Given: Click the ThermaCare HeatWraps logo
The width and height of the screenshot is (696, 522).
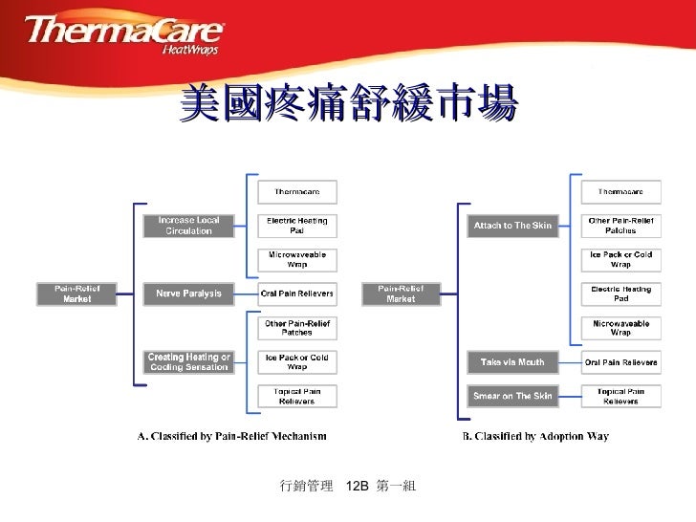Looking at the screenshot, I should pyautogui.click(x=123, y=35).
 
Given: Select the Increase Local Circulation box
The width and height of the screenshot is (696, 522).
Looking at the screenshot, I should pyautogui.click(x=188, y=226).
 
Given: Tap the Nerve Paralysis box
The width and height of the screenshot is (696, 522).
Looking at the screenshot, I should pyautogui.click(x=188, y=294).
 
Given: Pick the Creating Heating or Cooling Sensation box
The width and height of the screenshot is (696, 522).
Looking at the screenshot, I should pyautogui.click(x=188, y=362).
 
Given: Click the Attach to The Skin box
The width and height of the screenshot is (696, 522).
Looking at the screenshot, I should pyautogui.click(x=512, y=226).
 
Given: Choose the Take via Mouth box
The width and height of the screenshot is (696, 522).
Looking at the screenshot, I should pyautogui.click(x=512, y=362).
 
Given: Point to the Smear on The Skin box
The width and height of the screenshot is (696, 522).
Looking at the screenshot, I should pyautogui.click(x=512, y=395).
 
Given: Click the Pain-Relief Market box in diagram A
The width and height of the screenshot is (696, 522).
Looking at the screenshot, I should pyautogui.click(x=76, y=294).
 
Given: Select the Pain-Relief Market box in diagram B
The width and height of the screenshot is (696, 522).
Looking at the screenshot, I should pyautogui.click(x=401, y=294).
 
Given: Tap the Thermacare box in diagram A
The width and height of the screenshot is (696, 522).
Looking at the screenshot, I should pyautogui.click(x=296, y=192).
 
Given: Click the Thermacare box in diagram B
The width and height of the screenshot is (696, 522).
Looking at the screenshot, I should pyautogui.click(x=620, y=192).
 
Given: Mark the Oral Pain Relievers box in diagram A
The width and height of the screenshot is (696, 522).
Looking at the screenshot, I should pyautogui.click(x=296, y=294).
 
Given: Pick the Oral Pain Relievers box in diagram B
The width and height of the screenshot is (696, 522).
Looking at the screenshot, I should pyautogui.click(x=620, y=362).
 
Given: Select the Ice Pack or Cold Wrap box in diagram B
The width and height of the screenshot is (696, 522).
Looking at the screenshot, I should pyautogui.click(x=620, y=260).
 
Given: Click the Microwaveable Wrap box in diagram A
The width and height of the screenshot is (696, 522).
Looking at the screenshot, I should pyautogui.click(x=296, y=260).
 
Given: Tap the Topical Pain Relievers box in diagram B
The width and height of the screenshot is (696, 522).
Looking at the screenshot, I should pyautogui.click(x=620, y=396).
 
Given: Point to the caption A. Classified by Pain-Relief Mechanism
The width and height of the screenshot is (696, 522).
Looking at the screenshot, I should pyautogui.click(x=231, y=437).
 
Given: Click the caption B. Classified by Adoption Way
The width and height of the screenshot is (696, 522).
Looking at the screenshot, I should pyautogui.click(x=535, y=437).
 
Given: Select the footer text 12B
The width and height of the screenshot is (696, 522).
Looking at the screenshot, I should pyautogui.click(x=357, y=488).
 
